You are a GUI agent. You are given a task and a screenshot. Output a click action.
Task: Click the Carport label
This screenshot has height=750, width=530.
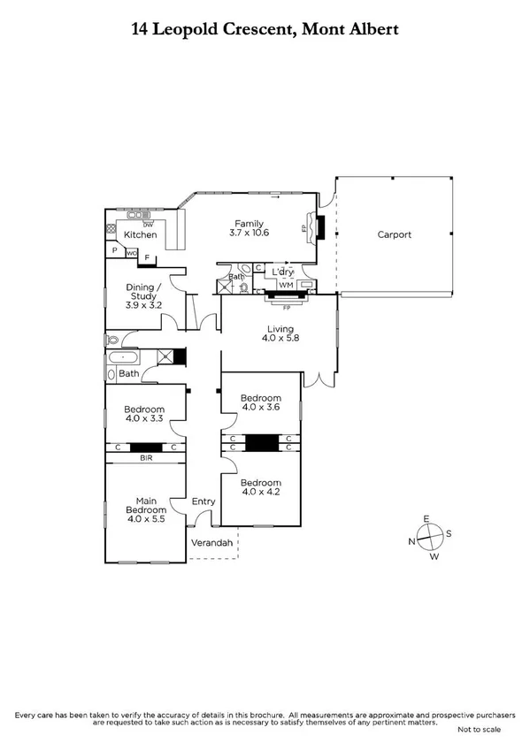click(395, 235)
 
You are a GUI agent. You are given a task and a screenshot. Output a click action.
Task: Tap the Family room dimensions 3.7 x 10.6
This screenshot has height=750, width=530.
click(249, 233)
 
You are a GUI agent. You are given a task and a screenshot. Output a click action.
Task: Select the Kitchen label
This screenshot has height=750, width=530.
click(140, 235)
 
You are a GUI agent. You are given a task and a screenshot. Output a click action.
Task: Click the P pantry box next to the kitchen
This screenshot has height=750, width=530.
click(114, 251)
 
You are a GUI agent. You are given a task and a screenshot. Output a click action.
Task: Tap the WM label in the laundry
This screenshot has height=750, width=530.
click(286, 285)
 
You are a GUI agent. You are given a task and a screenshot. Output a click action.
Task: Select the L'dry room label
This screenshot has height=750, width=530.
click(282, 272)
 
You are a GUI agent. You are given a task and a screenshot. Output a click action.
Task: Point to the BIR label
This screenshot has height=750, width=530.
click(145, 458)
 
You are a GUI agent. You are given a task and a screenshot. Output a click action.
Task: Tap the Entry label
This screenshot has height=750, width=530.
click(204, 502)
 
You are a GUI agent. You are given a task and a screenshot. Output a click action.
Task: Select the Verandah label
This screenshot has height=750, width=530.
click(213, 542)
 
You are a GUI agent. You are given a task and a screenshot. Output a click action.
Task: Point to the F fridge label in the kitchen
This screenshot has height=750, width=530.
click(147, 258)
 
